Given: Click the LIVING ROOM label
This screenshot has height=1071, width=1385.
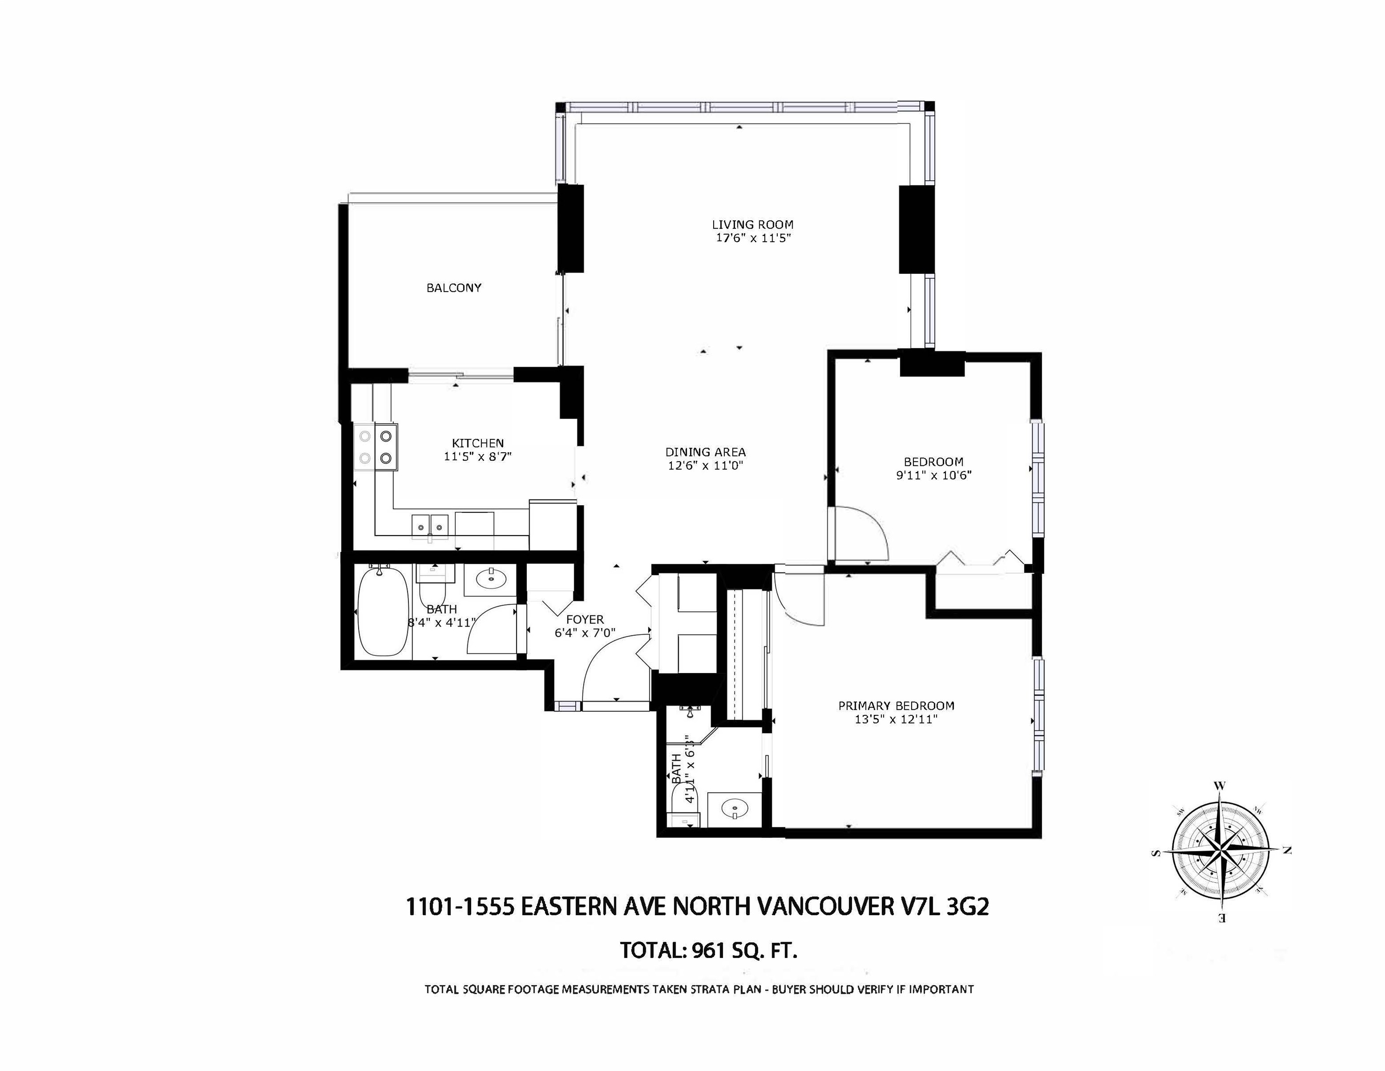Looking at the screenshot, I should coord(752,224).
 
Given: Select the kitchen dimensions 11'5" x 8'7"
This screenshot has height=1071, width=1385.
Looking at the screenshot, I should coord(478,456).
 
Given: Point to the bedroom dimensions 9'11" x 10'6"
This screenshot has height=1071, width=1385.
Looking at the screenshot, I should coord(933,475).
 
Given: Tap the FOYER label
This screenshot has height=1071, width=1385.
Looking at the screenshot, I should coord(584,619).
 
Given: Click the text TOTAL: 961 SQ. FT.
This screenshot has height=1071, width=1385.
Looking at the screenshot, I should coord(708,951).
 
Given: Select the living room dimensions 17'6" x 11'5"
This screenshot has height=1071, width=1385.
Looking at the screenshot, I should coord(752,238).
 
